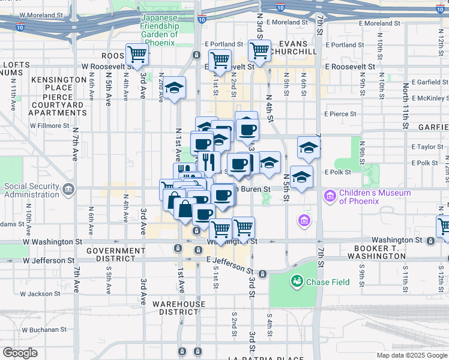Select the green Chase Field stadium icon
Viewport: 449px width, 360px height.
[297, 281]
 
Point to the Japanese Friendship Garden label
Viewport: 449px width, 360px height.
[160, 26]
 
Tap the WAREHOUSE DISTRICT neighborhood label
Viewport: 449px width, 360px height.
[178, 308]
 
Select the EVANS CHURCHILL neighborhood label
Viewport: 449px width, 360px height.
[293, 48]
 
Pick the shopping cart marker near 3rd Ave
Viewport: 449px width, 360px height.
[137, 54]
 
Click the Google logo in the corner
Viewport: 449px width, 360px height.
[20, 353]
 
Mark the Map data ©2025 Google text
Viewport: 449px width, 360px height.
[411, 355]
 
